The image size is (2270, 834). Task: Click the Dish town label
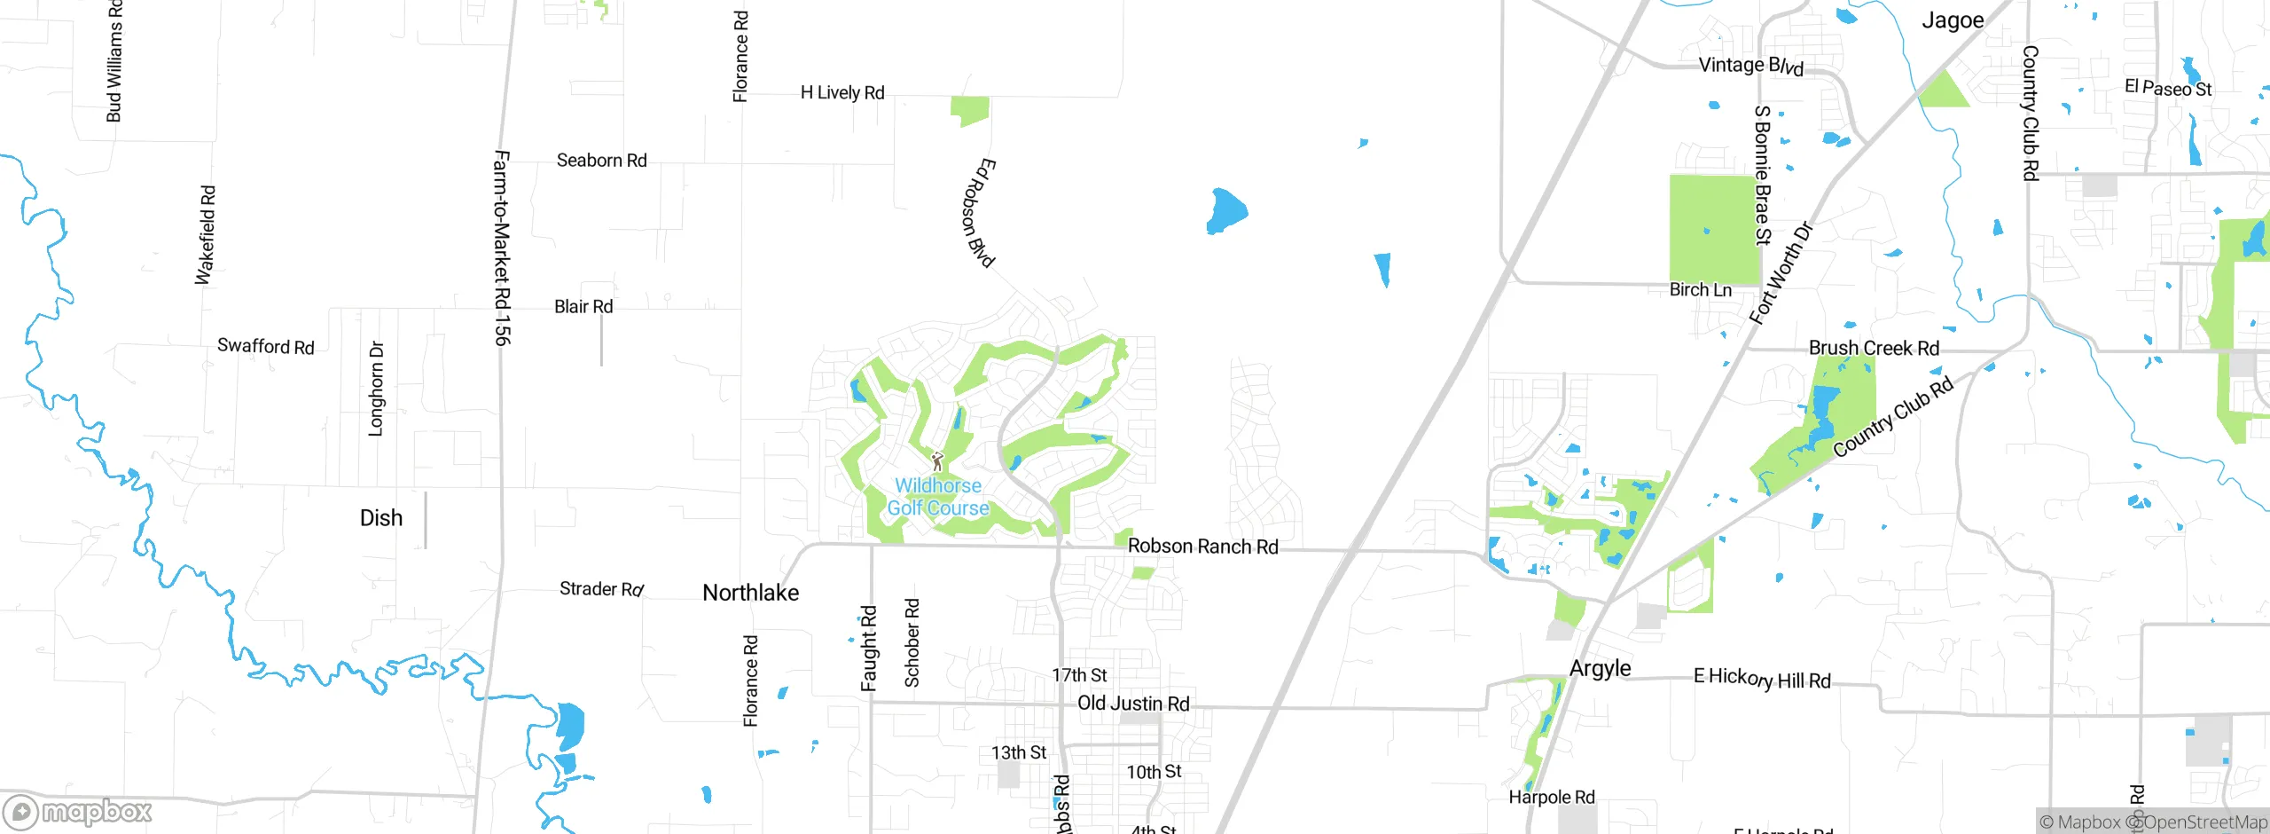click(381, 518)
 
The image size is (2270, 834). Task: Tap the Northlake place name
click(750, 593)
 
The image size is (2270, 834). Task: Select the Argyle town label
click(1600, 668)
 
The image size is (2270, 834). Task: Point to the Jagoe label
click(1953, 20)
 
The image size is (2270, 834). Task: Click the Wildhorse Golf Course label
click(938, 497)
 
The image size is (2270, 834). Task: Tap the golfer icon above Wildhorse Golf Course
click(937, 461)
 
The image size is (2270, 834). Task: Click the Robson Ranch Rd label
click(1202, 547)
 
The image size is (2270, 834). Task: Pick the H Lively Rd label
click(842, 92)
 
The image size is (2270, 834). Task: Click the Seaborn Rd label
click(601, 161)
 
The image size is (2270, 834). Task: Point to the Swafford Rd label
click(265, 346)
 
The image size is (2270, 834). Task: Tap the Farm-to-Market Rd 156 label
click(501, 248)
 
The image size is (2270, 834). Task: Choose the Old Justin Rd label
click(1133, 704)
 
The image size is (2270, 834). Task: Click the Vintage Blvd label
click(1750, 66)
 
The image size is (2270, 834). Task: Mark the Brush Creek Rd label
click(1874, 349)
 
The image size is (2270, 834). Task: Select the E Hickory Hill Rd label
click(1762, 679)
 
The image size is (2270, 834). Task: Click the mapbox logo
click(78, 812)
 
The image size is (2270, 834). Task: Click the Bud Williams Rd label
click(113, 60)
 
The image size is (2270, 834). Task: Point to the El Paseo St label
click(2168, 88)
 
